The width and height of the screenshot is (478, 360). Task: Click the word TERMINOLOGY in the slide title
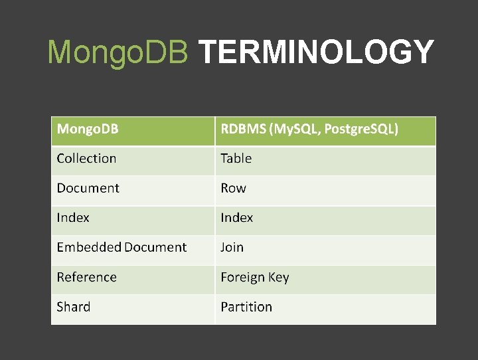pos(316,52)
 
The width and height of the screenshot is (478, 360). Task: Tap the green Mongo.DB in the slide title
pos(118,52)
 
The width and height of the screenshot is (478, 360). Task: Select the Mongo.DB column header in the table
pos(88,128)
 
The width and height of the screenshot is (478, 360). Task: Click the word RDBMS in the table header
pos(243,128)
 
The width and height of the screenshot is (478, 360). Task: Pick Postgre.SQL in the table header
pos(361,128)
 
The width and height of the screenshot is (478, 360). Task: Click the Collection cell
pos(86,158)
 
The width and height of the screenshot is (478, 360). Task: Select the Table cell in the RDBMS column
pos(236,158)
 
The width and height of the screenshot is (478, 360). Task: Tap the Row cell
pos(233,188)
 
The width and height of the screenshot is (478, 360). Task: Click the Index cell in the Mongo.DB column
pos(73,217)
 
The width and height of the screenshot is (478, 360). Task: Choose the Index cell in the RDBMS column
pos(237,217)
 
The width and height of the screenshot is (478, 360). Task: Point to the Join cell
pos(232,247)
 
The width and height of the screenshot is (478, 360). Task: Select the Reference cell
pos(86,277)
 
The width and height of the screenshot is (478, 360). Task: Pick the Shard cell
pos(74,307)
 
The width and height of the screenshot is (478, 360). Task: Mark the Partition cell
pos(246,307)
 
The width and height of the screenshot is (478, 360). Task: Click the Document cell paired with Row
pos(88,188)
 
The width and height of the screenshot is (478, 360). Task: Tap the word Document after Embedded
pos(155,247)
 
